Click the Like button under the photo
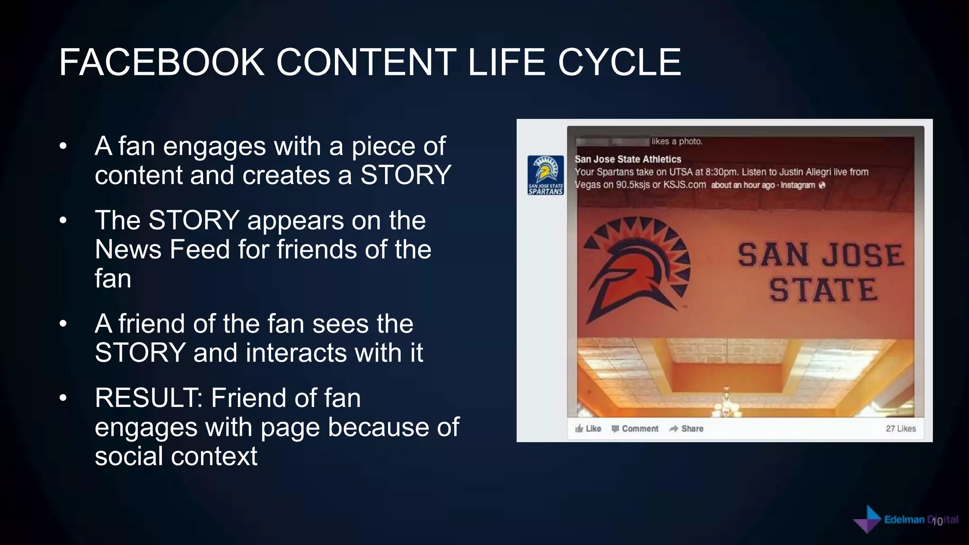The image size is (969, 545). click(x=588, y=429)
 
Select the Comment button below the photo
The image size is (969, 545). click(x=635, y=429)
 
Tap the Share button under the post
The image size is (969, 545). click(x=687, y=429)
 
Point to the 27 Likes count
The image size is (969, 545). click(x=900, y=429)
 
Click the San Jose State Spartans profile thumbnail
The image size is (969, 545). click(x=546, y=175)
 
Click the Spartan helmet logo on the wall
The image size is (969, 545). click(x=636, y=270)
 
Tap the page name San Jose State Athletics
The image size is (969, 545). click(x=628, y=159)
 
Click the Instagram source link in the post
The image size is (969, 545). click(x=798, y=185)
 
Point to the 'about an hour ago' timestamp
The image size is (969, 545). click(x=742, y=185)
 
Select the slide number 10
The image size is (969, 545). click(x=937, y=522)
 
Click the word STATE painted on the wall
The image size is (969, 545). click(x=823, y=290)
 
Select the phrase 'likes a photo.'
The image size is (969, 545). click(x=677, y=141)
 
